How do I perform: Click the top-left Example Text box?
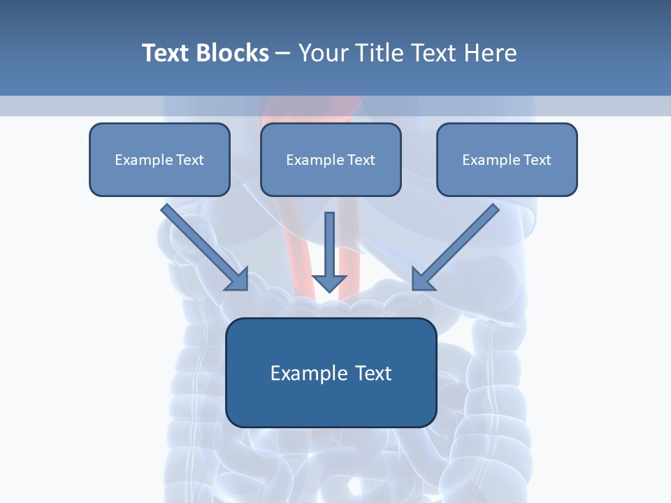tap(159, 159)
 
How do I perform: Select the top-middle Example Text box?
tap(331, 159)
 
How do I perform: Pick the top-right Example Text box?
tap(507, 159)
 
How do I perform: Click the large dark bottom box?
tap(331, 372)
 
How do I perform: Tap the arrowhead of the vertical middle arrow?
tap(329, 282)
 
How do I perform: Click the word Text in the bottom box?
tap(373, 373)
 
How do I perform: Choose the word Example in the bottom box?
tap(309, 373)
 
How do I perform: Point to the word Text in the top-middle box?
tap(361, 160)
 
